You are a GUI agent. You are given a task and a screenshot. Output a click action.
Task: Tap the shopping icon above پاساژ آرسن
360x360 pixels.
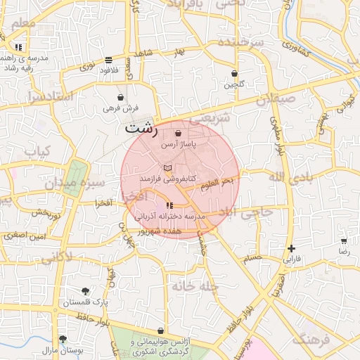click(x=177, y=133)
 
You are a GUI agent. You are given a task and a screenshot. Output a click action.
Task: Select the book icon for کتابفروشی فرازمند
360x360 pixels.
click(x=167, y=168)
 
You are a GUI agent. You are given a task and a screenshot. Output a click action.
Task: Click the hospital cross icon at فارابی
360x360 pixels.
click(x=291, y=248)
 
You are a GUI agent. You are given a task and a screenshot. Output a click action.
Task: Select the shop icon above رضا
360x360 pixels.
click(x=344, y=240)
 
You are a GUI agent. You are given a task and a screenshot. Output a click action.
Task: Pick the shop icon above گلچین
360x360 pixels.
click(x=234, y=74)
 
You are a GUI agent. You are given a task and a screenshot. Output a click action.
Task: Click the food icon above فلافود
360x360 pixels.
click(x=108, y=60)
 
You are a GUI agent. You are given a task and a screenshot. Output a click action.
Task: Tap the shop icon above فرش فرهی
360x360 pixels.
click(x=121, y=97)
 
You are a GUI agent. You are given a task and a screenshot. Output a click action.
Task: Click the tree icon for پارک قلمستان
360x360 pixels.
click(x=85, y=290)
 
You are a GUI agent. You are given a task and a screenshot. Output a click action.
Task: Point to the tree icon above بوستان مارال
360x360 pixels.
click(x=63, y=338)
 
